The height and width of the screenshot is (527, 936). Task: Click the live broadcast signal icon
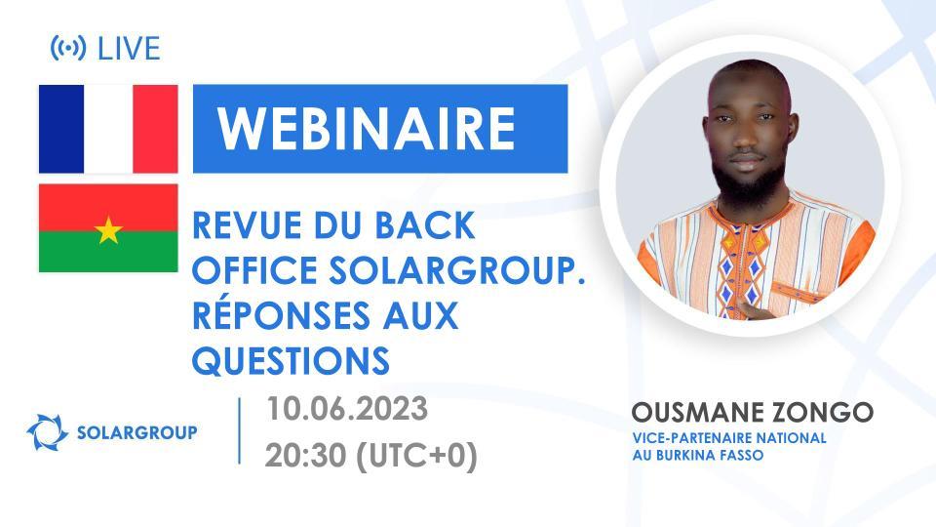click(66, 48)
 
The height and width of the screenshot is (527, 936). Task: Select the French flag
click(108, 128)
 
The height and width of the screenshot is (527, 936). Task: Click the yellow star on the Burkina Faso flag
click(108, 230)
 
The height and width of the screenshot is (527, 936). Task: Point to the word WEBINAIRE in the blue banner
click(366, 128)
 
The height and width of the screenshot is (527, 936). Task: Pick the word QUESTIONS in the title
click(292, 361)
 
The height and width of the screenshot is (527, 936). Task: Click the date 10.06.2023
click(347, 409)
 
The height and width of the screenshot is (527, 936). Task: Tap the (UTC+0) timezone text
click(421, 456)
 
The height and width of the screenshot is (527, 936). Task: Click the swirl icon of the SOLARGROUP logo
click(47, 431)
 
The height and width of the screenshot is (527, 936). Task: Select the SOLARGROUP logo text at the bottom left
click(136, 431)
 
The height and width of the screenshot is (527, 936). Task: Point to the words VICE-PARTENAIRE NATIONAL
click(729, 438)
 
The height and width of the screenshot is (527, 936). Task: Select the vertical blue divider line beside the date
click(240, 430)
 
